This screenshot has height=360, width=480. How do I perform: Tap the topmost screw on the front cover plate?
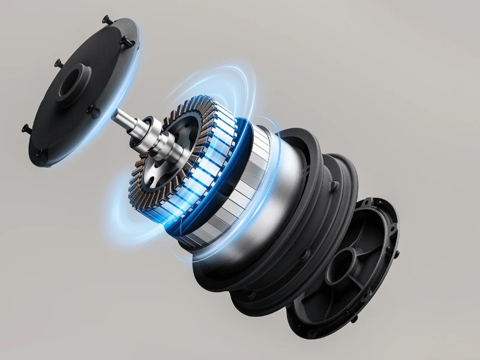[x=106, y=19]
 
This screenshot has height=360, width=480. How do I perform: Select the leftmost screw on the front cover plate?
[x=26, y=127]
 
